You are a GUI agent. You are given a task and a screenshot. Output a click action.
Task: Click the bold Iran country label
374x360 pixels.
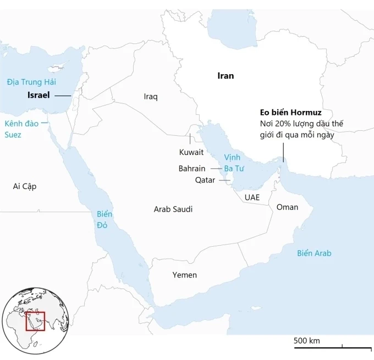(x=226, y=76)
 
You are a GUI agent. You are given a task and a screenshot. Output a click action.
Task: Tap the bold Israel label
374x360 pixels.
(x=38, y=95)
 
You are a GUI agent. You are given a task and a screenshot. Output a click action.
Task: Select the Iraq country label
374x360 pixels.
(x=151, y=97)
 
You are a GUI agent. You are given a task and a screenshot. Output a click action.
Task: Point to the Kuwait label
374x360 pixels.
(x=191, y=152)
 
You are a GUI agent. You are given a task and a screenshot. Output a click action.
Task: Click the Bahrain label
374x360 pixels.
(x=192, y=168)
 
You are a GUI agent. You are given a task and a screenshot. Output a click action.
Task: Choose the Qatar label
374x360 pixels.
(x=205, y=180)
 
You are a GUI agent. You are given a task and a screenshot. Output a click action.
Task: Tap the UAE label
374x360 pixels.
(x=252, y=197)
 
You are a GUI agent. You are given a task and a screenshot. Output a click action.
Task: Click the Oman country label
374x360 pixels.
(x=287, y=207)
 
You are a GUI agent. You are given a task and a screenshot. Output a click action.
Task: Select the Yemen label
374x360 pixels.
(x=184, y=275)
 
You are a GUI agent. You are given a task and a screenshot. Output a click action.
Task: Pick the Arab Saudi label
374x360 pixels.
(x=173, y=209)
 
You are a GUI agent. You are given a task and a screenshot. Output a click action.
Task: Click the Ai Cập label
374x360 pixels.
(x=25, y=186)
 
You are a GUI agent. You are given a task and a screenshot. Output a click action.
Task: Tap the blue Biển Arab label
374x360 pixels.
(x=314, y=253)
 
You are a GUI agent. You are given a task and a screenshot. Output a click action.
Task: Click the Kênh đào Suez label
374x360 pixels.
(x=21, y=129)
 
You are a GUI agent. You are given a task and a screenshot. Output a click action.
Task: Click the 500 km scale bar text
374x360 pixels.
(x=306, y=341)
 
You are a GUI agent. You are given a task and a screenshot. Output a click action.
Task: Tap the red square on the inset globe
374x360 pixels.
(x=36, y=321)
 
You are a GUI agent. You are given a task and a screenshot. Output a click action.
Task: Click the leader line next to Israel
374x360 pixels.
(x=63, y=96)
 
